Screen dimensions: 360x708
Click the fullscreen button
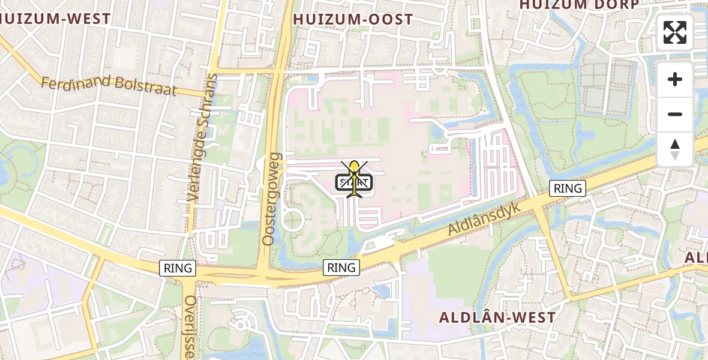point(675,32)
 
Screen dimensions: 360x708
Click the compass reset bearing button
point(675,149)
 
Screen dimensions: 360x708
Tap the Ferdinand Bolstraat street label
point(109,85)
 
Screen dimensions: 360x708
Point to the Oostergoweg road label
point(271,199)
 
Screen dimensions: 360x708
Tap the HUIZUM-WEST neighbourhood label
point(56,19)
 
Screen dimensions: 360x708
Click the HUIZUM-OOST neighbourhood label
point(353,20)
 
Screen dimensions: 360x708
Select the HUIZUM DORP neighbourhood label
point(578,5)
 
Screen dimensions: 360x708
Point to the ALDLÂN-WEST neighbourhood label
point(497,317)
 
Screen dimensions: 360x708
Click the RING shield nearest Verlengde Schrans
point(178,268)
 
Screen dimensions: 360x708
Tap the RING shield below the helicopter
point(341,268)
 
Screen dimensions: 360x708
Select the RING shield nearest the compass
point(568,188)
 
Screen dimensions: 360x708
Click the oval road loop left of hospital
point(292,220)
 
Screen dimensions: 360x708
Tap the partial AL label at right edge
point(697,257)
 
